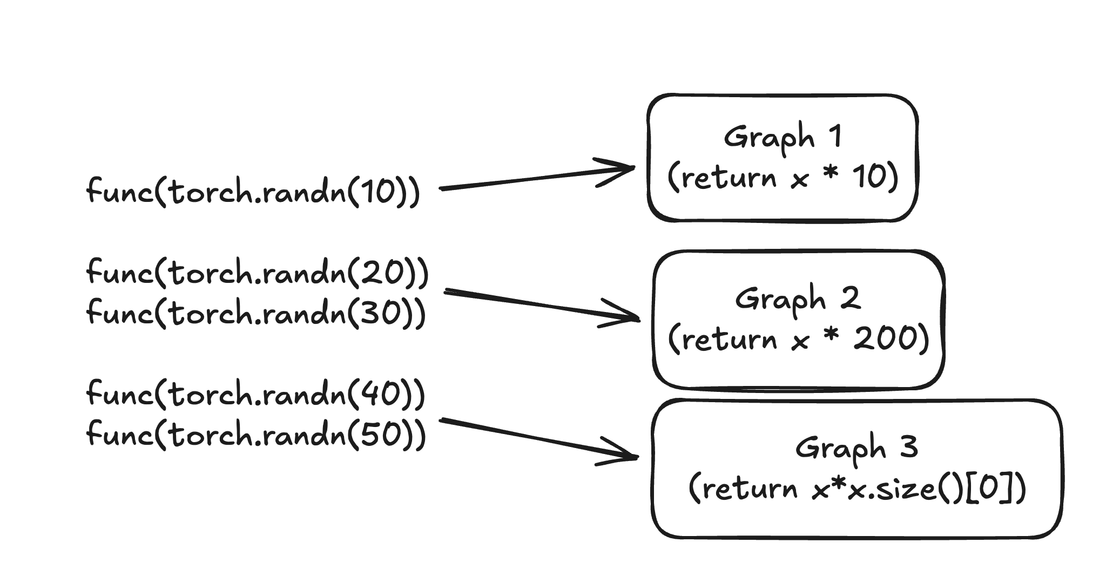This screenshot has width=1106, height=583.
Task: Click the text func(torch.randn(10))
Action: (x=253, y=191)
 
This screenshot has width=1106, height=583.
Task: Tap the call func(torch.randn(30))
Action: (x=256, y=313)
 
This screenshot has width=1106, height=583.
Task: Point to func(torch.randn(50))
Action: (x=256, y=434)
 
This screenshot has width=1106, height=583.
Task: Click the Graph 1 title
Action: (x=783, y=137)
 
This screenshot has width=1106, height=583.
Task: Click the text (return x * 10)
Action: (x=783, y=178)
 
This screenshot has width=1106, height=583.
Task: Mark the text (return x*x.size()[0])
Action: (x=857, y=489)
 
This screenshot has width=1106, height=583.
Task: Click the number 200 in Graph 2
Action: (x=886, y=340)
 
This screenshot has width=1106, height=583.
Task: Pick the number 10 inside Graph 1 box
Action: (x=869, y=178)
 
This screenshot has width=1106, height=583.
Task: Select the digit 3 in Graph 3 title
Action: (x=909, y=448)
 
